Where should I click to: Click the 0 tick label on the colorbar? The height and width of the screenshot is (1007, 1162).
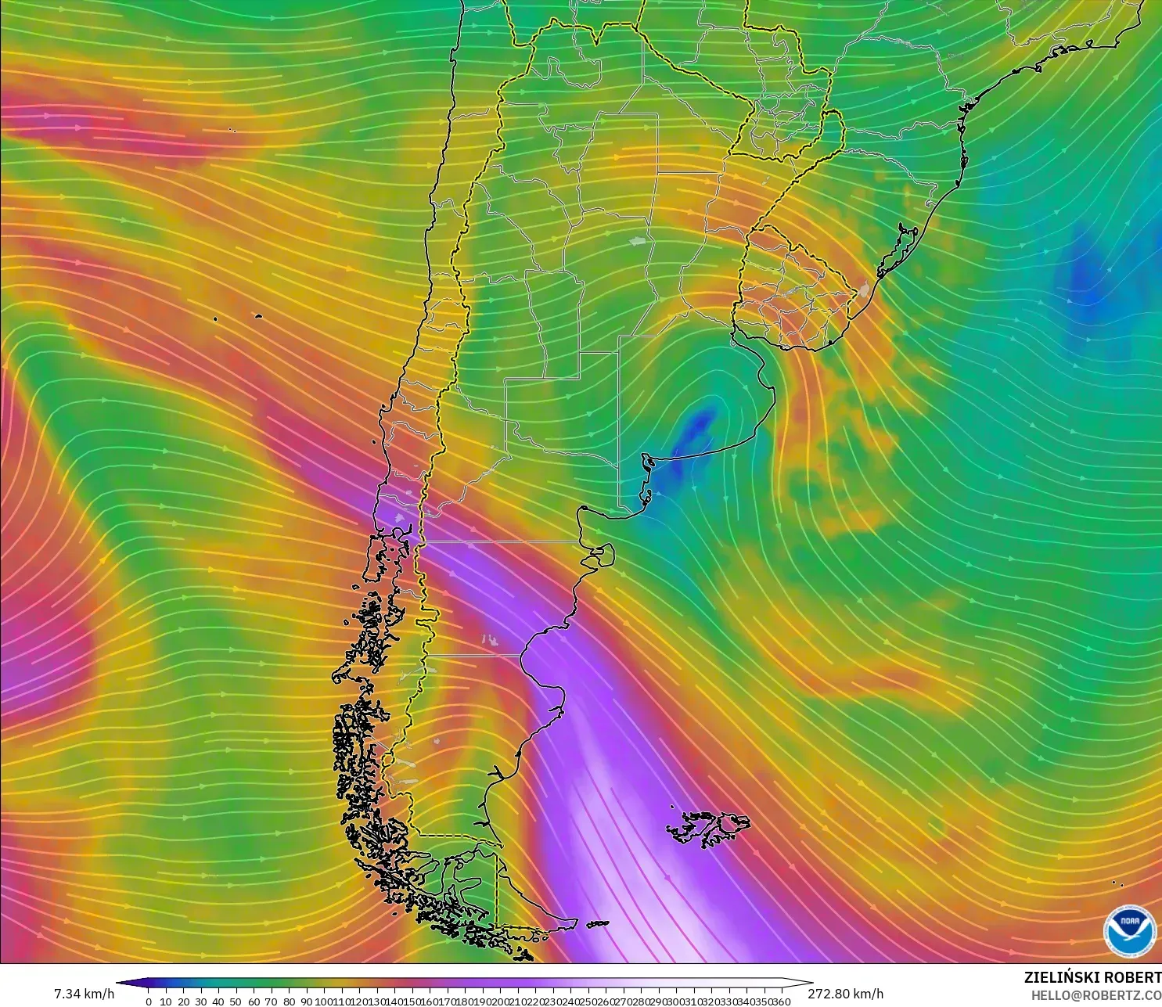[149, 1002]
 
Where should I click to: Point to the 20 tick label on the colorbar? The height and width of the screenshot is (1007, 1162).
[184, 1002]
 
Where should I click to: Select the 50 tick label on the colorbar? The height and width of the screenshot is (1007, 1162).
[236, 1002]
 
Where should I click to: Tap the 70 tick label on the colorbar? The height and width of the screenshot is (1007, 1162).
[272, 1002]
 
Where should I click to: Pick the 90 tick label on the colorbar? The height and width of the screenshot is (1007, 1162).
[307, 1002]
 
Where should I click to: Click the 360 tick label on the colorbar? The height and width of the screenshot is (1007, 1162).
[782, 1002]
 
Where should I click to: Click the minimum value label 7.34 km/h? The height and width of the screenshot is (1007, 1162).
[84, 994]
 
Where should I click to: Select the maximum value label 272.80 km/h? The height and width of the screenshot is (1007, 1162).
[845, 994]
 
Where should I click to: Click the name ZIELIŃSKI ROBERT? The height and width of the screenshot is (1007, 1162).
[1092, 977]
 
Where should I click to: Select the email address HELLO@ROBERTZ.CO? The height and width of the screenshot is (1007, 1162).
[1095, 995]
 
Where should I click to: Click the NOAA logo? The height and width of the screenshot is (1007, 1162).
[1129, 930]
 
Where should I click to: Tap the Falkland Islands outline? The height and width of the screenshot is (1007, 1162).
[708, 828]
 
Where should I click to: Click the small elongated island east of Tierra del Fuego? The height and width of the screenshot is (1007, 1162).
[598, 924]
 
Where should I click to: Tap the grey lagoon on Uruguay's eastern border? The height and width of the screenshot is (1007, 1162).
[863, 290]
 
